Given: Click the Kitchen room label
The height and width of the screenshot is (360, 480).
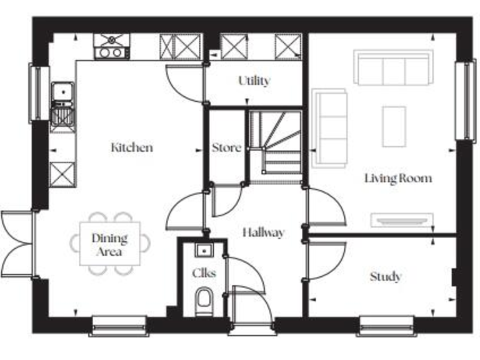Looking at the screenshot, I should [132, 148].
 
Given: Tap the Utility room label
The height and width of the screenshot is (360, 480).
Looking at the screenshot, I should [254, 81].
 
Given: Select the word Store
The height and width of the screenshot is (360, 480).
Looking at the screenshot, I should [226, 148].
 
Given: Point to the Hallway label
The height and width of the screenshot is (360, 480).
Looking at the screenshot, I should [263, 232].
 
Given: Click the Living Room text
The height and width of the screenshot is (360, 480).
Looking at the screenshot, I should [398, 179].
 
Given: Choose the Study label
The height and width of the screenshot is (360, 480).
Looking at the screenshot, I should [385, 276].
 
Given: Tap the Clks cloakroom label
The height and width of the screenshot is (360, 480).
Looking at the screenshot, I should [203, 273].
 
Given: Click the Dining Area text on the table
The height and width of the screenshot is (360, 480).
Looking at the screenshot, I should [109, 245].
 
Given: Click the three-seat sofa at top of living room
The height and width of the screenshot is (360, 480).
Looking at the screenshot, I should [392, 67].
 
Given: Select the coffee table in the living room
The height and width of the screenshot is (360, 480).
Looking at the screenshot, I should [394, 126].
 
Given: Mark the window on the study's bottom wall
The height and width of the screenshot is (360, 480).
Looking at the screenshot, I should [387, 325].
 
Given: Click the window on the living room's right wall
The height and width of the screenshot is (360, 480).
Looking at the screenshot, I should [466, 100].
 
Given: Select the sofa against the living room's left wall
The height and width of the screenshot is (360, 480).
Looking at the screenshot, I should [329, 129].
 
